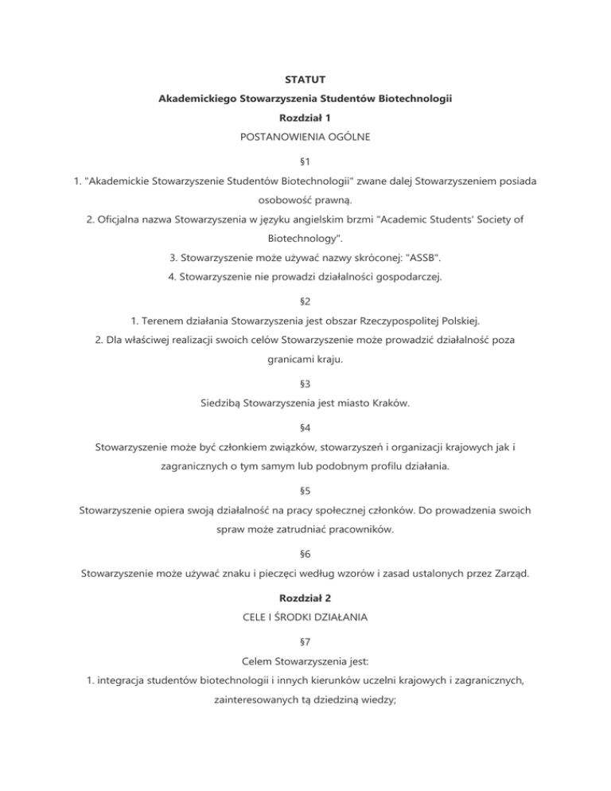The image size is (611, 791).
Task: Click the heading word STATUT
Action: tap(305, 80)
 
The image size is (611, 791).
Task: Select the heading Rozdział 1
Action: tap(305, 118)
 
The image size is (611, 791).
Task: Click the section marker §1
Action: tap(305, 162)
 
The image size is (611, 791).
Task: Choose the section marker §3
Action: tap(305, 384)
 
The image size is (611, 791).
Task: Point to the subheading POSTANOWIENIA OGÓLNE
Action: tap(305, 137)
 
